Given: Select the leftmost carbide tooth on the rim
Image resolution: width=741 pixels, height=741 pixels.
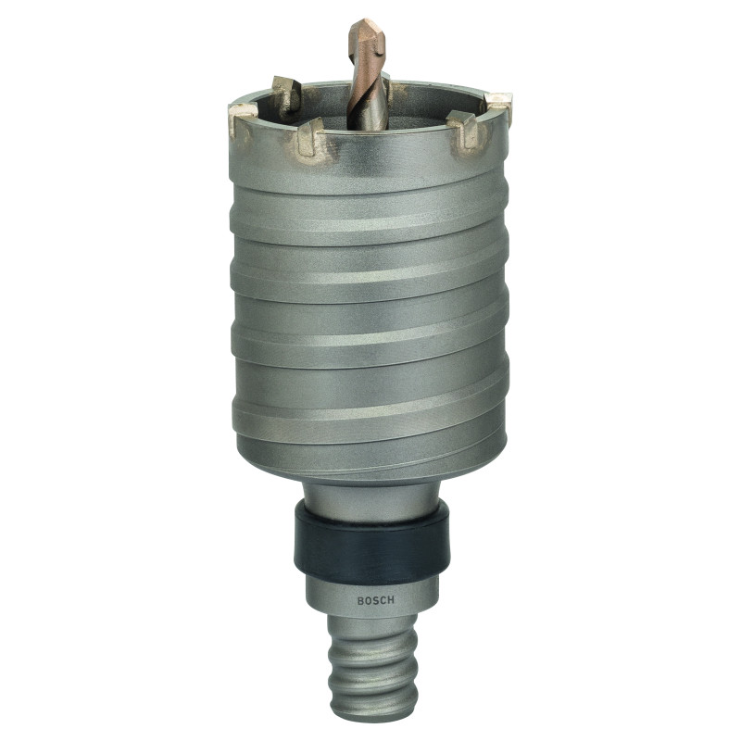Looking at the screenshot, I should pyautogui.click(x=244, y=116).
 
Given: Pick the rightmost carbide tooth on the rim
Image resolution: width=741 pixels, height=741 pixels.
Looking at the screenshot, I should pyautogui.click(x=497, y=107).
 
